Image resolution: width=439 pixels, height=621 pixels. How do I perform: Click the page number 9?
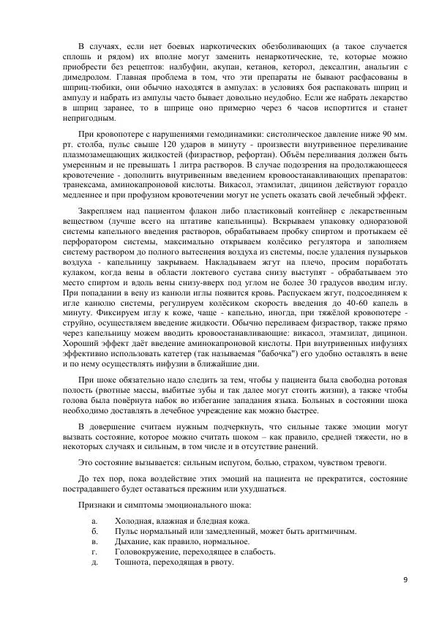point(405,580)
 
